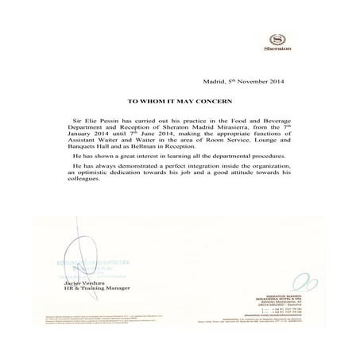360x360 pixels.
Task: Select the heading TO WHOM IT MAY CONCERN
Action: point(179,103)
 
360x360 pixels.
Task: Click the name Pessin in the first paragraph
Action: point(108,126)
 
